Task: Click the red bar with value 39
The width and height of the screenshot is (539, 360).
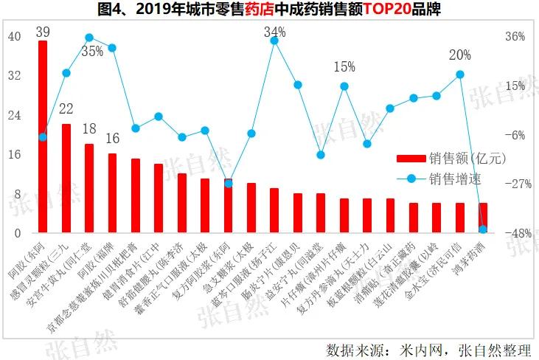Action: (x=43, y=136)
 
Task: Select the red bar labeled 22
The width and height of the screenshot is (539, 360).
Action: (x=66, y=179)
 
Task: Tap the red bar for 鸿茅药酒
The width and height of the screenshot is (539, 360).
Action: (x=483, y=218)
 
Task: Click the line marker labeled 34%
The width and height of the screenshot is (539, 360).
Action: (x=274, y=41)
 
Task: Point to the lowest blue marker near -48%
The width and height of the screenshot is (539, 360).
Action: (x=483, y=229)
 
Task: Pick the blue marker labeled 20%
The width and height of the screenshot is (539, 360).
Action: (x=459, y=74)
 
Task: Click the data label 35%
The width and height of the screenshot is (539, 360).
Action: (x=92, y=52)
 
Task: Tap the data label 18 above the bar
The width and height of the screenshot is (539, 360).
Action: (x=88, y=129)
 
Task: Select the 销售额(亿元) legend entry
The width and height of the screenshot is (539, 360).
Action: (x=450, y=159)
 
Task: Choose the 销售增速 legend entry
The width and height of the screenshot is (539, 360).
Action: (x=449, y=179)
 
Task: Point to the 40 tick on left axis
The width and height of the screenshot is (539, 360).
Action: (x=14, y=37)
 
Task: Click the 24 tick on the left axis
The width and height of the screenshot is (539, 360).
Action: (x=14, y=116)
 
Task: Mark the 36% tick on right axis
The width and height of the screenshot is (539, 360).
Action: (x=515, y=37)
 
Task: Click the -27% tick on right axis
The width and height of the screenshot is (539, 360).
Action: (x=515, y=184)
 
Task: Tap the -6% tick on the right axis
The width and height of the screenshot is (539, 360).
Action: (x=515, y=135)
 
